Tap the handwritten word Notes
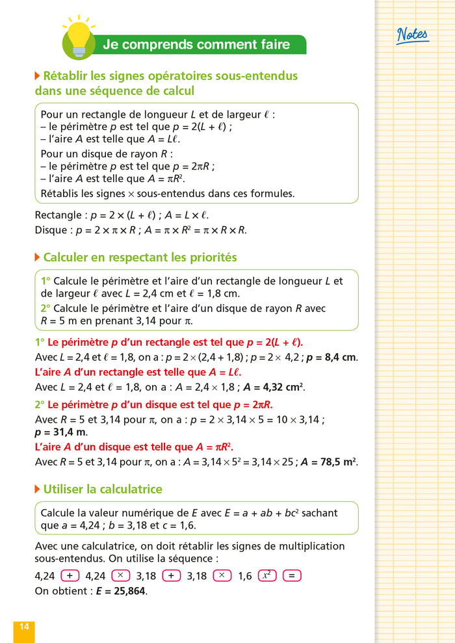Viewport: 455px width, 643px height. [412, 35]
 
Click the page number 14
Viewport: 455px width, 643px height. [24, 627]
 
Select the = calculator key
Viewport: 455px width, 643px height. [292, 575]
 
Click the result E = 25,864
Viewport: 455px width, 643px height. [121, 591]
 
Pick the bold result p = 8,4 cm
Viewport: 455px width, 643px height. [331, 357]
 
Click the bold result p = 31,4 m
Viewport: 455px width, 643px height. [60, 432]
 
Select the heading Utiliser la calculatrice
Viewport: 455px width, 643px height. [103, 489]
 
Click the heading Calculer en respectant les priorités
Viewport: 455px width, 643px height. [140, 257]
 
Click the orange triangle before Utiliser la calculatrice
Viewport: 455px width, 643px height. [37, 489]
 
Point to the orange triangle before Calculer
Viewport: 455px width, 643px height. [37, 257]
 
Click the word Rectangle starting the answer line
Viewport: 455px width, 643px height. [54, 215]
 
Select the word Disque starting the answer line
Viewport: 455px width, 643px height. [49, 230]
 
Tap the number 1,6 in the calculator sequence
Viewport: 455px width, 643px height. [244, 576]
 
